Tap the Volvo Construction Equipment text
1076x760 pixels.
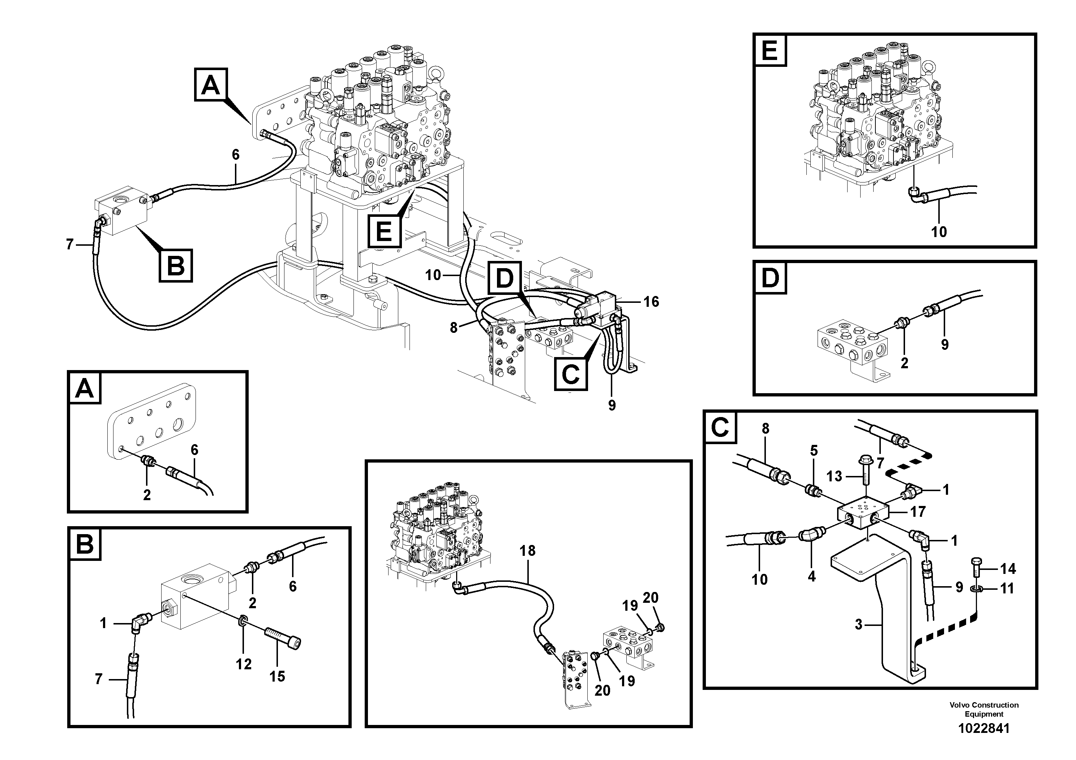pos(984,709)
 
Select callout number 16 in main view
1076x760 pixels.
pos(651,302)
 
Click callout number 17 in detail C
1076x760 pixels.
pos(918,512)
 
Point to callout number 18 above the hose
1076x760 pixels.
pos(528,550)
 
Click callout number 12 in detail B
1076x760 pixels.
pos(244,664)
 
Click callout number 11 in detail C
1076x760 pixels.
pos(1007,588)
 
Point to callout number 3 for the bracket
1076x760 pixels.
pos(858,624)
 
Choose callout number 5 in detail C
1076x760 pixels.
pos(814,451)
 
